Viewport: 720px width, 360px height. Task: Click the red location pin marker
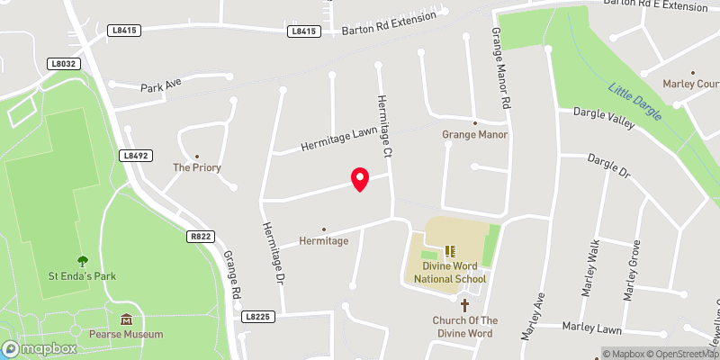click(360, 179)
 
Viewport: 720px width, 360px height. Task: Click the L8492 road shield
click(134, 156)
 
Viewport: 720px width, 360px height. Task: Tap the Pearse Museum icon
click(127, 319)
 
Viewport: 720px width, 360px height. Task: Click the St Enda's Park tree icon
click(83, 261)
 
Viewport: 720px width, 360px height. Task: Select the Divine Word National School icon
click(451, 251)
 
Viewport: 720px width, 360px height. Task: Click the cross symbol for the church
click(464, 306)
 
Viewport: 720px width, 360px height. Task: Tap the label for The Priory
click(197, 167)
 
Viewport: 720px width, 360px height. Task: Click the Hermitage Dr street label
click(273, 255)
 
